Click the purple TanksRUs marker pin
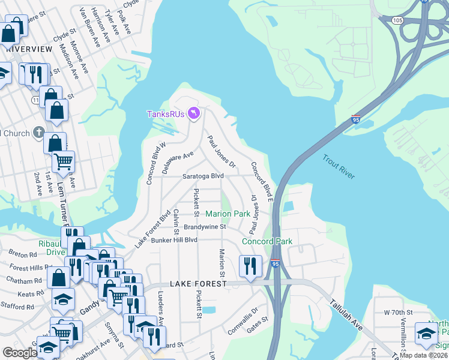193,113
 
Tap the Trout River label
339,167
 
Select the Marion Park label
228,214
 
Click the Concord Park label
267,241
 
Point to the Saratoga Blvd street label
203,176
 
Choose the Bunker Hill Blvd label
174,240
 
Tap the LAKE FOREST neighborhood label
199,283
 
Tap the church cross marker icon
38,131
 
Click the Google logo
19,353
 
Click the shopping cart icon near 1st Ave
63,160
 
